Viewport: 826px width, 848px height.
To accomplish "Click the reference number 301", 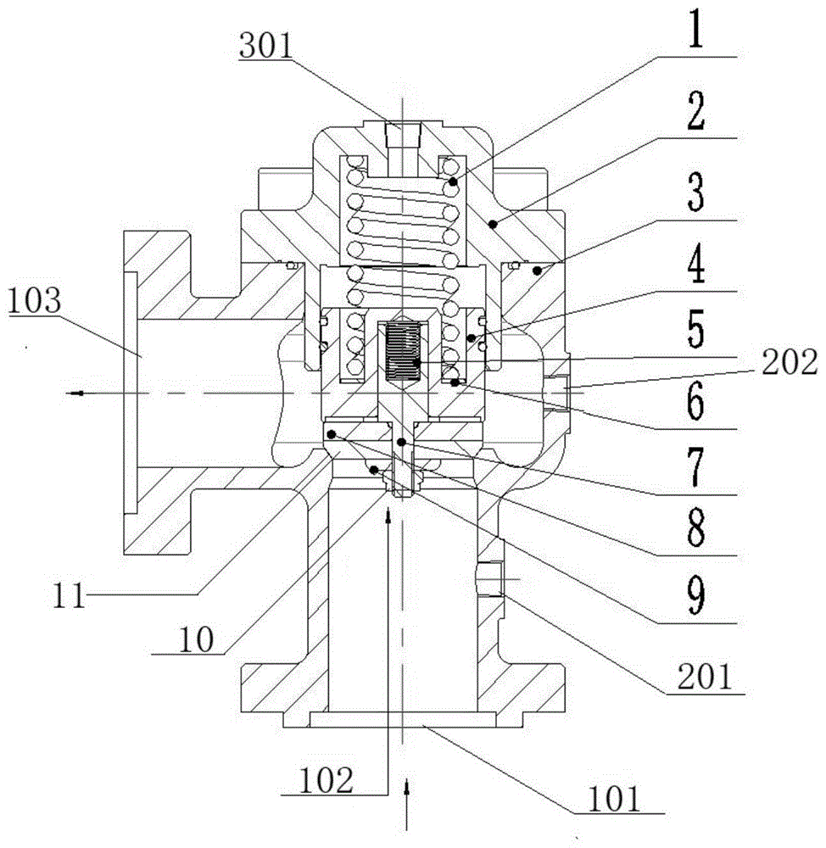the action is coord(265,46).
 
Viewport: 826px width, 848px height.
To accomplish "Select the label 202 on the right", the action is coord(790,362).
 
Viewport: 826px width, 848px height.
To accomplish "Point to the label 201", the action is coord(704,677).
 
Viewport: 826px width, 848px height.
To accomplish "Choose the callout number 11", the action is coord(70,596).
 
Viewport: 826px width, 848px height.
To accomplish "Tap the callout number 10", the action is coord(196,640).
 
